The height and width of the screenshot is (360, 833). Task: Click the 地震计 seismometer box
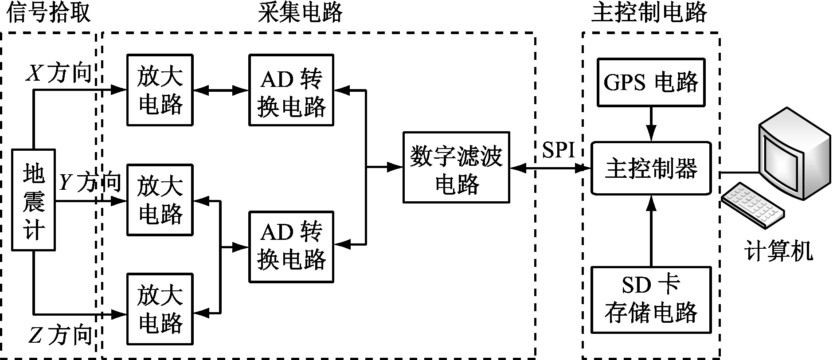pyautogui.click(x=33, y=200)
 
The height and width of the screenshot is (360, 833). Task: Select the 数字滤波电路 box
pyautogui.click(x=456, y=167)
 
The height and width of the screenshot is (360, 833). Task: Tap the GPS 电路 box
pyautogui.click(x=651, y=82)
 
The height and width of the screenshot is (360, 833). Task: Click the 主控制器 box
pyautogui.click(x=651, y=168)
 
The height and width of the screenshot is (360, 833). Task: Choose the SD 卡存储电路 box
pyautogui.click(x=651, y=300)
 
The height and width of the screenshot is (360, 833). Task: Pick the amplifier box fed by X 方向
pyautogui.click(x=160, y=90)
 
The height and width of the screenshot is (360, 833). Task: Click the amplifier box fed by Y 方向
pyautogui.click(x=160, y=200)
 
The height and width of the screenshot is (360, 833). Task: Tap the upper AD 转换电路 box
pyautogui.click(x=291, y=90)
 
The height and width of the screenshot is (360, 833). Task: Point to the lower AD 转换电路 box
pyautogui.click(x=291, y=247)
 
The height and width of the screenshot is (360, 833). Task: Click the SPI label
pyautogui.click(x=558, y=151)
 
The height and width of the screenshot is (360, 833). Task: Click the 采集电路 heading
pyautogui.click(x=301, y=12)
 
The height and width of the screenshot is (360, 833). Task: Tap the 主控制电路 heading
pyautogui.click(x=649, y=12)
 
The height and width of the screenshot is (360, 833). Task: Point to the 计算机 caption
pyautogui.click(x=778, y=251)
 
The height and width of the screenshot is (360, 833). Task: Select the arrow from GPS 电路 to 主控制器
pyautogui.click(x=651, y=124)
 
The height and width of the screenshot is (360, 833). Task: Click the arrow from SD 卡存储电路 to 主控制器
pyautogui.click(x=651, y=231)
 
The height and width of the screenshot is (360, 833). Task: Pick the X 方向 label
pyautogui.click(x=60, y=73)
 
